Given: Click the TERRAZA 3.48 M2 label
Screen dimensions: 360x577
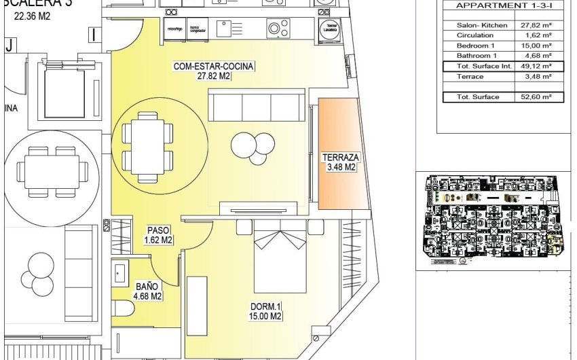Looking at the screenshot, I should [x=339, y=162].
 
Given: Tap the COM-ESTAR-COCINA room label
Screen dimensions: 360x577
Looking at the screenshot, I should [x=214, y=71].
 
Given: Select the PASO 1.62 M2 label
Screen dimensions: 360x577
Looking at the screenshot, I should [x=157, y=235].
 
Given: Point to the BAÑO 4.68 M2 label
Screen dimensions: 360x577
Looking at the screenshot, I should [x=147, y=291].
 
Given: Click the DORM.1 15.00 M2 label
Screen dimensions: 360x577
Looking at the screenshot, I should [x=265, y=311].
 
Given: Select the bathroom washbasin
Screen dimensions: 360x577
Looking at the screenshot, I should [x=120, y=272].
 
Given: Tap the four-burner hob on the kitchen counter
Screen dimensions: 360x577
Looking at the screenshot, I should [x=275, y=29].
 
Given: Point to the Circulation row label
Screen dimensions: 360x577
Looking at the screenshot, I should [x=470, y=35].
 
